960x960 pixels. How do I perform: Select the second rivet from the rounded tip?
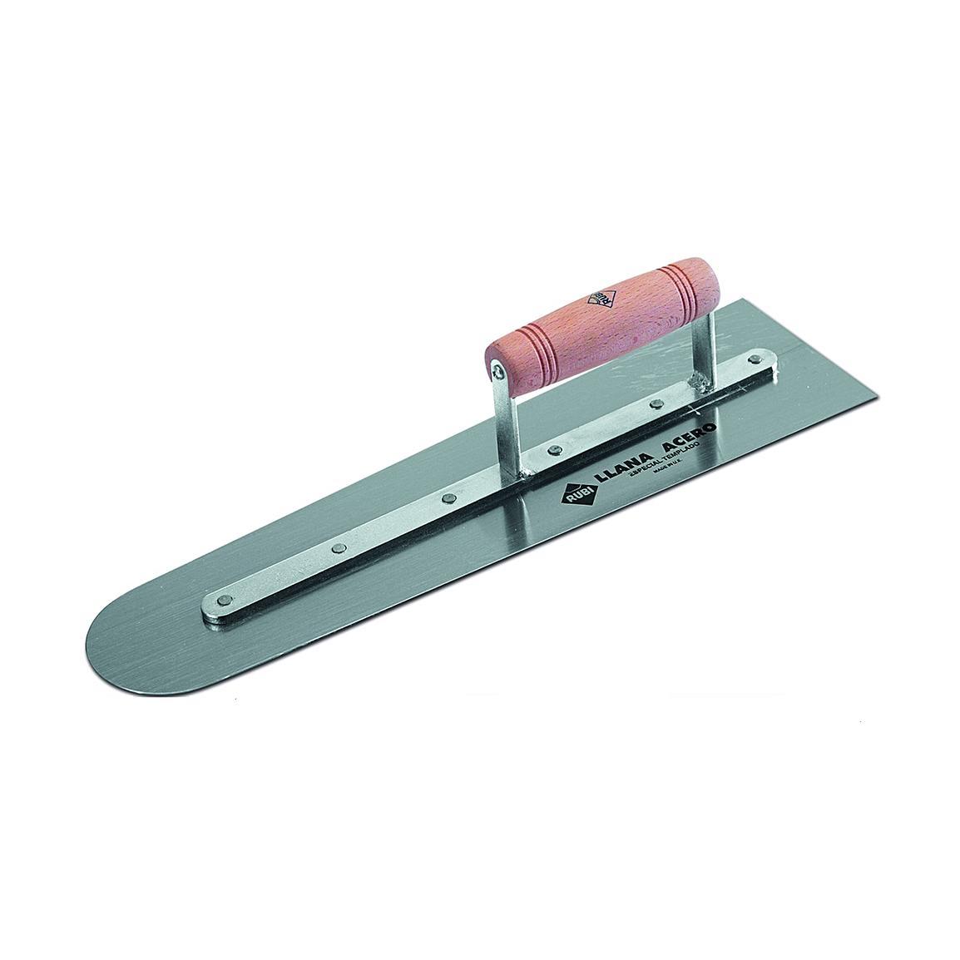click(339, 548)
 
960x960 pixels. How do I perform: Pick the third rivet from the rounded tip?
click(449, 499)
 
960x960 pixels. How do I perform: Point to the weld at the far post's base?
click(701, 382)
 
